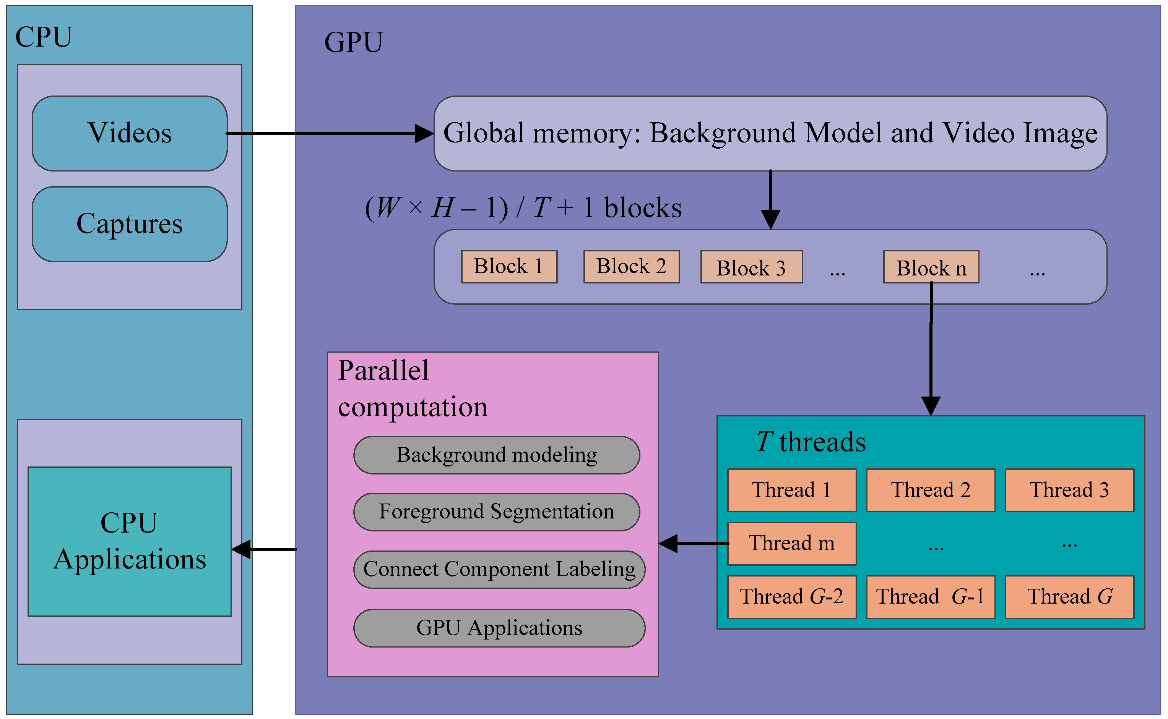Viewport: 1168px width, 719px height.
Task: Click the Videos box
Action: point(129,133)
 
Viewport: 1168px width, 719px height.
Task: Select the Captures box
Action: point(129,224)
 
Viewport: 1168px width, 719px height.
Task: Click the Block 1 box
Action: point(509,267)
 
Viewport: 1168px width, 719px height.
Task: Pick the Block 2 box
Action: point(631,267)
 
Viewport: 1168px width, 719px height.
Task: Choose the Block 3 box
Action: point(751,267)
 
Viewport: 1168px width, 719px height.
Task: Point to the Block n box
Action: point(931,267)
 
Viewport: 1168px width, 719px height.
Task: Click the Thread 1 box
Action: point(792,490)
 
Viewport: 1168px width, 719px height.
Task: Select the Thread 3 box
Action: point(1069,490)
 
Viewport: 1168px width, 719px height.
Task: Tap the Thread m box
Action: point(792,544)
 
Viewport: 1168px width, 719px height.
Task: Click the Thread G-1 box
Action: point(931,597)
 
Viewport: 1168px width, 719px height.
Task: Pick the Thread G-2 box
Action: point(792,597)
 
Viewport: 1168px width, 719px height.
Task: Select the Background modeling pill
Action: point(496,455)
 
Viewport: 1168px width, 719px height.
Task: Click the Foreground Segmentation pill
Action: point(496,512)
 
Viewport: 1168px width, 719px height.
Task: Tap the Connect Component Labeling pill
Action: point(499,569)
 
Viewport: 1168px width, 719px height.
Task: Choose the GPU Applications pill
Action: point(499,628)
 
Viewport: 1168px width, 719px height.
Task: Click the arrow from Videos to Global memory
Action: point(328,134)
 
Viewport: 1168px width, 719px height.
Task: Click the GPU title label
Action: point(353,42)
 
